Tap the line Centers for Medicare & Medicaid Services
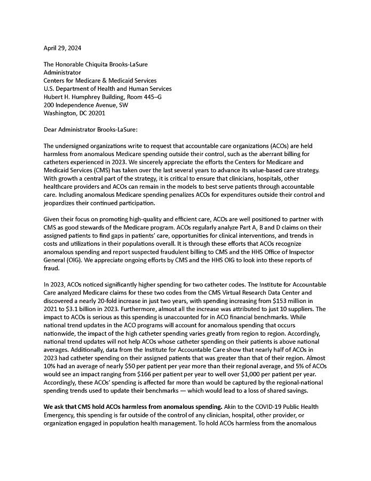100,80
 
